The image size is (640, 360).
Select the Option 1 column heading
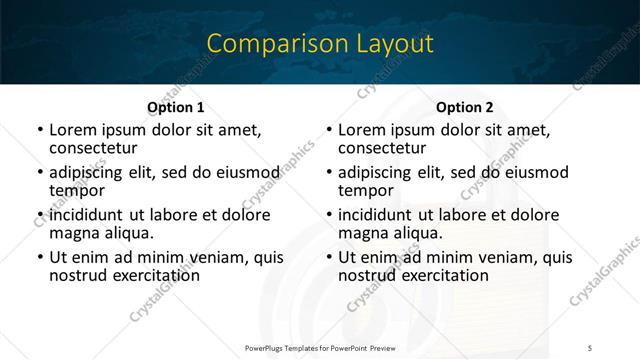tap(175, 107)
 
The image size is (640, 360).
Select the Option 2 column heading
tap(465, 107)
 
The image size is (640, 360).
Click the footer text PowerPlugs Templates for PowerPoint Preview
tap(319, 348)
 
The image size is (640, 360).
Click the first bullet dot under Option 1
tap(39, 130)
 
